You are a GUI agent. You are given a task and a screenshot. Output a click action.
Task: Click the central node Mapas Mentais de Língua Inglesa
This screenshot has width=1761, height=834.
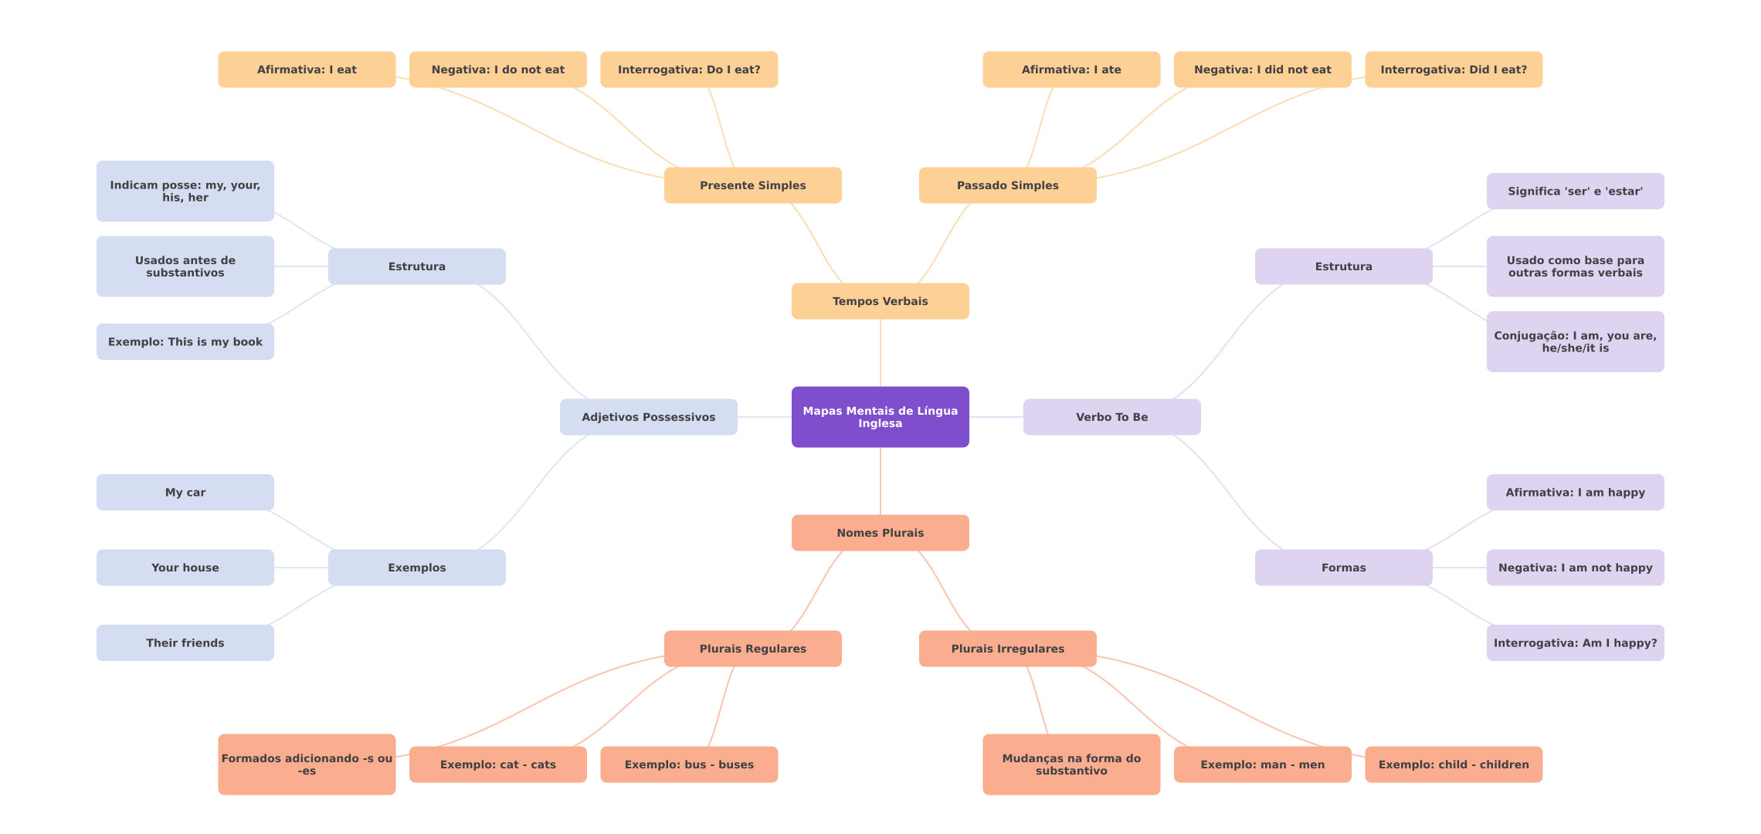(x=880, y=417)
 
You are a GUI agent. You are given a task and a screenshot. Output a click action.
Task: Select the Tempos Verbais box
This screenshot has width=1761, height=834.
(x=880, y=301)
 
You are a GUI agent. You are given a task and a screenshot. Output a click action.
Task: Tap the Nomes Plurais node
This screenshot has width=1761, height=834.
(x=880, y=533)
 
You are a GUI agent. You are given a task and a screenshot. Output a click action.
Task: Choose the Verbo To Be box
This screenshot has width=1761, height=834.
(x=1111, y=417)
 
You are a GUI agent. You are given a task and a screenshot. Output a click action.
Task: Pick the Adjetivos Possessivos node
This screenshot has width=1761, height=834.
(x=648, y=417)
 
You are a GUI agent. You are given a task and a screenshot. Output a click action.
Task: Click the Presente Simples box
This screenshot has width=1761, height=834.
(x=752, y=185)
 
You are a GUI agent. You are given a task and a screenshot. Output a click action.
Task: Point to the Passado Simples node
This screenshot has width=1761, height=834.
(x=1007, y=185)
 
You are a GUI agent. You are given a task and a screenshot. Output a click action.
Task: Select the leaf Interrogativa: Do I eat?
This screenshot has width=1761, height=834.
(x=689, y=69)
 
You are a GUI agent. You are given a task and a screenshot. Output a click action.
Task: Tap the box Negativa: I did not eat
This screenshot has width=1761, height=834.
(x=1262, y=69)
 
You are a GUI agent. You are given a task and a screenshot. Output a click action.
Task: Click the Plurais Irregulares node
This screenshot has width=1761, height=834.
(x=1007, y=649)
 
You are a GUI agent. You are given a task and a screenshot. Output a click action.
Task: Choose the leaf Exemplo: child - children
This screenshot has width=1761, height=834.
(x=1454, y=764)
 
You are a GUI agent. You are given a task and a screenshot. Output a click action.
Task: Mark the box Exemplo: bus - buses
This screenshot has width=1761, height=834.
(x=689, y=764)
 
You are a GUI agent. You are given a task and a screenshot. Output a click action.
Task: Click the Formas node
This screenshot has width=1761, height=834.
(x=1343, y=568)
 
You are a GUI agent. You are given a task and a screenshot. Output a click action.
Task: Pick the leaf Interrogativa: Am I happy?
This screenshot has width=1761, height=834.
(x=1575, y=642)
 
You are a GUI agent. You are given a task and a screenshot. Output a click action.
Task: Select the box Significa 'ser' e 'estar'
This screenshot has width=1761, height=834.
(x=1575, y=191)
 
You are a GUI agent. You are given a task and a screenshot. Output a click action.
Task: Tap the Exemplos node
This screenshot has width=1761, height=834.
(x=416, y=568)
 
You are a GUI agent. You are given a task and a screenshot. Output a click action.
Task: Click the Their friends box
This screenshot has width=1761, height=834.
(x=185, y=642)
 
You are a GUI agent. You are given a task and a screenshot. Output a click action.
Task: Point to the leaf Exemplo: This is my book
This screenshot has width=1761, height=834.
(x=185, y=341)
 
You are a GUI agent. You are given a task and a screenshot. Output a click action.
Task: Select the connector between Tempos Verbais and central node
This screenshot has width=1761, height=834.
(x=880, y=353)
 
